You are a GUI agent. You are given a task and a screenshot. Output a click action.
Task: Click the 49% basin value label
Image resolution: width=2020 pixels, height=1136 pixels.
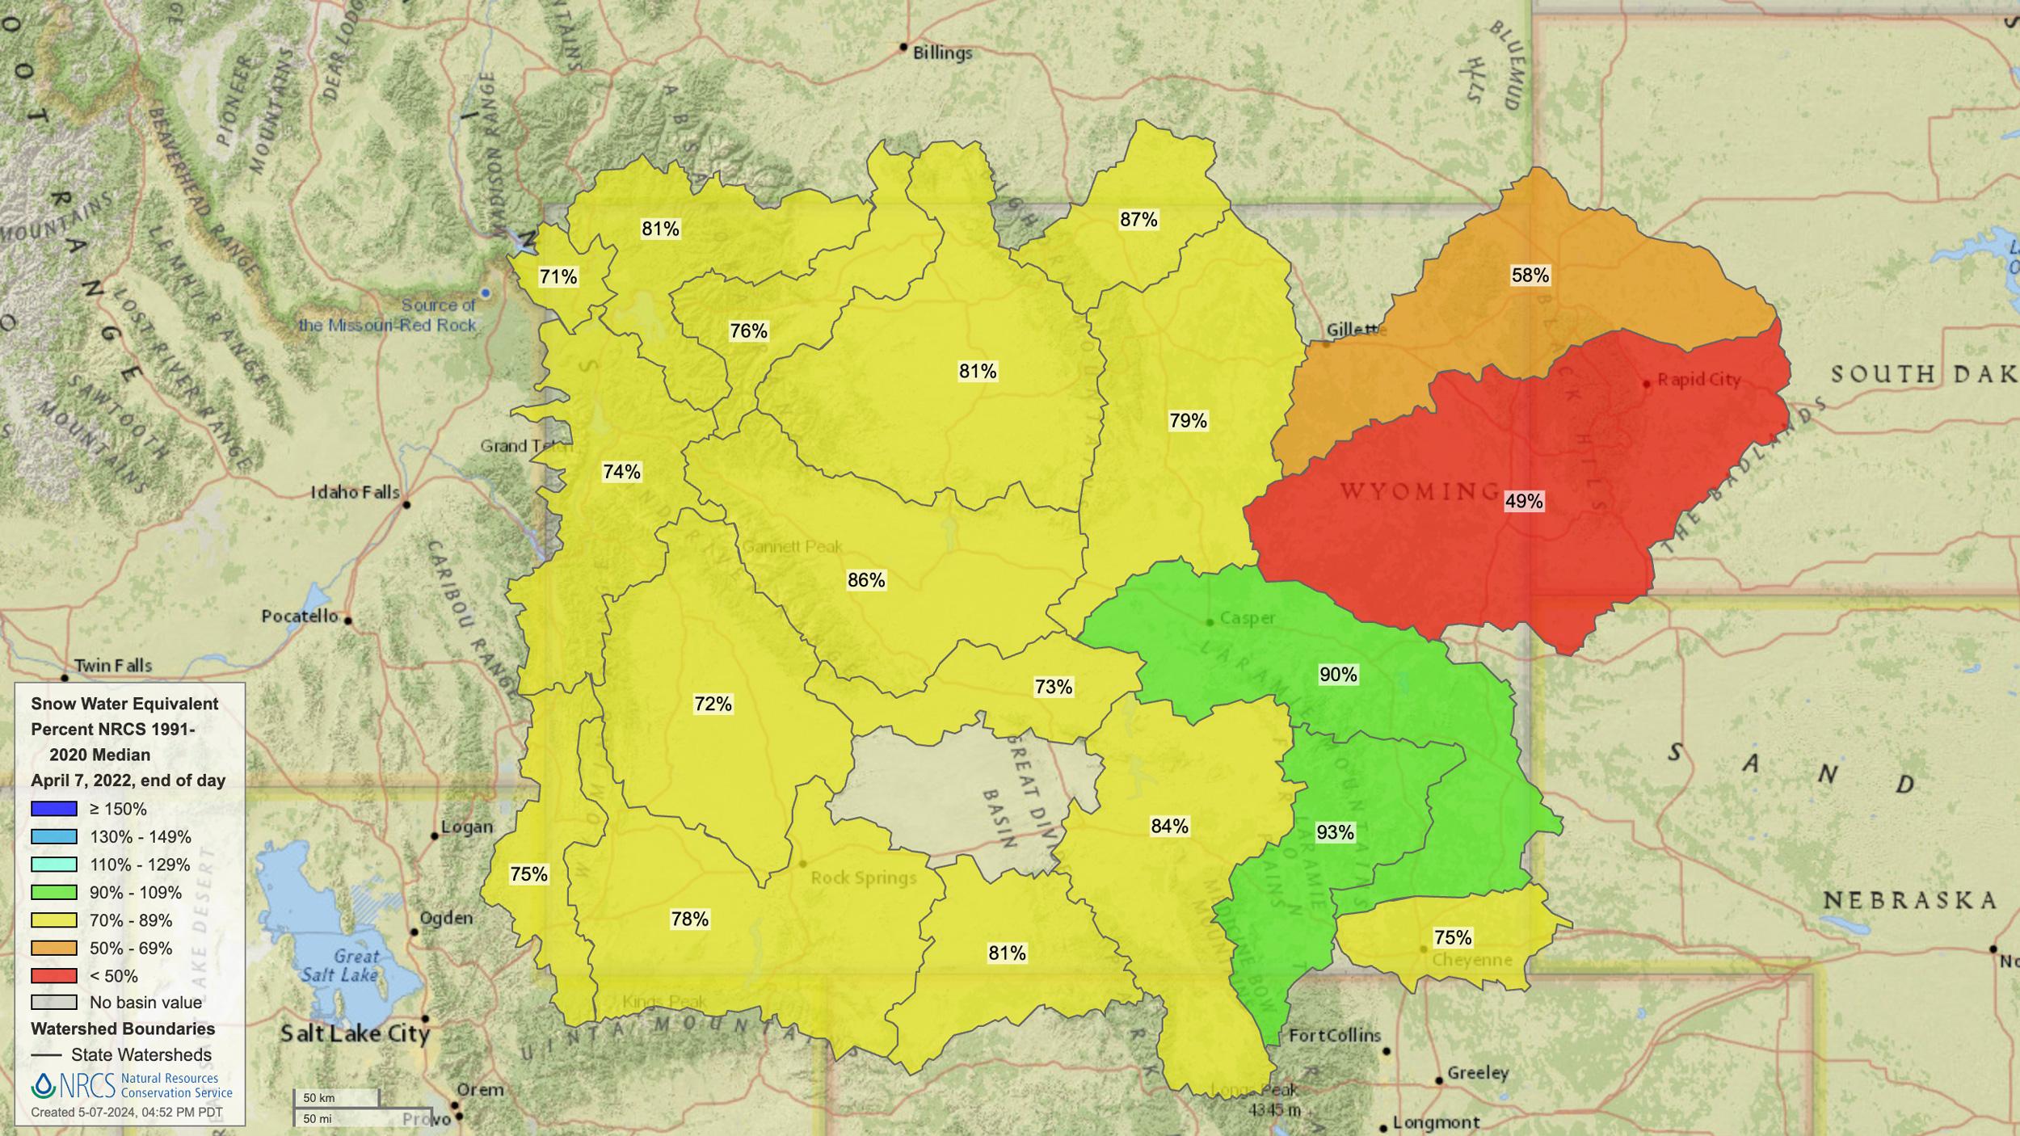(x=1524, y=501)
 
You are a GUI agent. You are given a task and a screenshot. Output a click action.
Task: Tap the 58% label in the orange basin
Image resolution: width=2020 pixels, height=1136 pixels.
(x=1530, y=276)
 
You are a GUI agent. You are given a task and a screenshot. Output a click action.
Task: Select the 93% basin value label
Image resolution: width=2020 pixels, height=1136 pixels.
(x=1335, y=832)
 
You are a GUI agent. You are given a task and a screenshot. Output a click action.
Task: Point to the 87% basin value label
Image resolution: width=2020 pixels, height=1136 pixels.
(x=1138, y=220)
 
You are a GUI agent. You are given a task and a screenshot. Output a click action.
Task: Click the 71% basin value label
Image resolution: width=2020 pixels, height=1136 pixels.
(x=558, y=277)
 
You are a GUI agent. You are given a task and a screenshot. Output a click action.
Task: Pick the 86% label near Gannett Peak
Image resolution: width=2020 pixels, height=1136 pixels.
(x=866, y=580)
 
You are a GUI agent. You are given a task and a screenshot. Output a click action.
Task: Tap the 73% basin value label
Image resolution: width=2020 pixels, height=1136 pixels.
(x=1054, y=687)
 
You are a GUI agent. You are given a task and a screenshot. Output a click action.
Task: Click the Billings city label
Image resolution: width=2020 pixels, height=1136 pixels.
(x=942, y=53)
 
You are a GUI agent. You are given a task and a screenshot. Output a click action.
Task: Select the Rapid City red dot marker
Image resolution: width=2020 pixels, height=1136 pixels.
(x=1647, y=384)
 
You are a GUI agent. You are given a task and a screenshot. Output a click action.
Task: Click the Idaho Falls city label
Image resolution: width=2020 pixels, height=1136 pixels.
(x=356, y=492)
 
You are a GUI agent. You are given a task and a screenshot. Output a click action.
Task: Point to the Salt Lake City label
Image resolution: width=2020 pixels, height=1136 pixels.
(x=355, y=1033)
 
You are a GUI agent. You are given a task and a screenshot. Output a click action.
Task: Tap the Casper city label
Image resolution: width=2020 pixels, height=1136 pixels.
(x=1247, y=618)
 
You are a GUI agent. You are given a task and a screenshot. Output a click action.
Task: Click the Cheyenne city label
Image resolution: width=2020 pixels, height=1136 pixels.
(x=1471, y=960)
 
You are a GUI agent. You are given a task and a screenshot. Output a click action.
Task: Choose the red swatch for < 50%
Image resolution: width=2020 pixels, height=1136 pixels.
(x=54, y=976)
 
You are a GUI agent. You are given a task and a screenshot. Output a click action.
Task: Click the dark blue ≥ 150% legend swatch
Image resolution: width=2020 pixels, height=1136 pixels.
(x=54, y=809)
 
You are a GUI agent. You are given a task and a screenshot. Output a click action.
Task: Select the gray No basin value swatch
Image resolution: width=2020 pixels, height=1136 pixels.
(x=54, y=1003)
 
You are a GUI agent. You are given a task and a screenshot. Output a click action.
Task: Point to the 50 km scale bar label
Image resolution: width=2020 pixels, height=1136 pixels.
(x=319, y=1098)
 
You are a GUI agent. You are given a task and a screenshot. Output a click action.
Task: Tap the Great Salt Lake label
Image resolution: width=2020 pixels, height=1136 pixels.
(x=341, y=966)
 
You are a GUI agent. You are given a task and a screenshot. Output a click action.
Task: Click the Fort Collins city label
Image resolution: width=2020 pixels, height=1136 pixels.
(x=1335, y=1036)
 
